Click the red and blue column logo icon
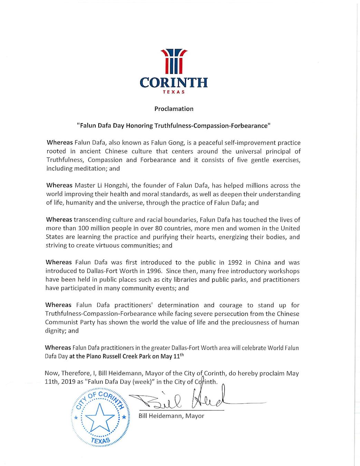point(174,61)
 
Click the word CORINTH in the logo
point(174,83)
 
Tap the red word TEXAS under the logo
point(174,92)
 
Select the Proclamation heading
point(174,109)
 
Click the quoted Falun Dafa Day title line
point(174,126)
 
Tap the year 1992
point(235,262)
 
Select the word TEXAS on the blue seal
point(100,440)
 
